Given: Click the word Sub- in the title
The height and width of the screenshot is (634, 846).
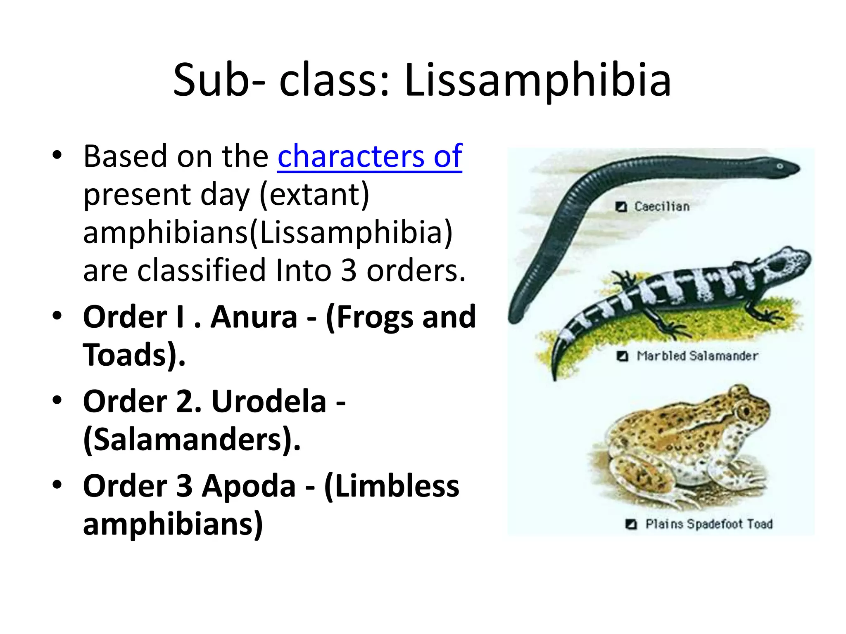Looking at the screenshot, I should coord(219,80).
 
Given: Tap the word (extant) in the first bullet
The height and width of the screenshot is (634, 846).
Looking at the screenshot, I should coord(314,194).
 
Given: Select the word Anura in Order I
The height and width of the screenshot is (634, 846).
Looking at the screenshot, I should coord(254,317).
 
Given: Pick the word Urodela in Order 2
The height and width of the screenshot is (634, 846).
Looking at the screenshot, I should coord(269,402).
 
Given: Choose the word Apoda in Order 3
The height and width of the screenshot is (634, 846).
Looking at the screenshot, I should coord(249,486).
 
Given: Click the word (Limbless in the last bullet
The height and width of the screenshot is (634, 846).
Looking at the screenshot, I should coord(392,486).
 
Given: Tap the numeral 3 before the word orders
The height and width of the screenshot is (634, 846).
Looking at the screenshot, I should coord(349,271).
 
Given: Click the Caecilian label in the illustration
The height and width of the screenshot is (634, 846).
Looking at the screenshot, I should coord(662,206).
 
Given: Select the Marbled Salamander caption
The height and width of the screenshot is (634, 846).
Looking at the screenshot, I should coord(697,356).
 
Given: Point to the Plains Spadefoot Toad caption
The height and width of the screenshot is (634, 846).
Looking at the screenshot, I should coord(709,524).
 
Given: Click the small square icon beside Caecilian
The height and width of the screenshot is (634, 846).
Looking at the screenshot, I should coord(621,206).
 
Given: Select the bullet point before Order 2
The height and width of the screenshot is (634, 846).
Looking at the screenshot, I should coord(57,401).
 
